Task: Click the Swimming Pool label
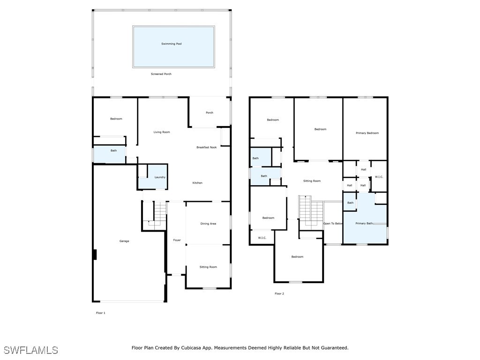pyautogui.click(x=171, y=44)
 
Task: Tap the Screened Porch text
pyautogui.click(x=161, y=74)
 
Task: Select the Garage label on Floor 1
pyautogui.click(x=124, y=241)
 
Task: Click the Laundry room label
pyautogui.click(x=160, y=177)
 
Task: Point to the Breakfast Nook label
pyautogui.click(x=206, y=147)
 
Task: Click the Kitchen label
pyautogui.click(x=197, y=183)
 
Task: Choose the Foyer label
pyautogui.click(x=177, y=240)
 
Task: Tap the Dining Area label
pyautogui.click(x=208, y=224)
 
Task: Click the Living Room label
pyautogui.click(x=162, y=132)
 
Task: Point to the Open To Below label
pyautogui.click(x=333, y=224)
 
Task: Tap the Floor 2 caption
pyautogui.click(x=279, y=294)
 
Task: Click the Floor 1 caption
pyautogui.click(x=100, y=313)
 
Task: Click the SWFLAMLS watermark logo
pyautogui.click(x=31, y=350)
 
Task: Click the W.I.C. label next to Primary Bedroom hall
pyautogui.click(x=379, y=177)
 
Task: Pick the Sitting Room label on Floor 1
pyautogui.click(x=208, y=267)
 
